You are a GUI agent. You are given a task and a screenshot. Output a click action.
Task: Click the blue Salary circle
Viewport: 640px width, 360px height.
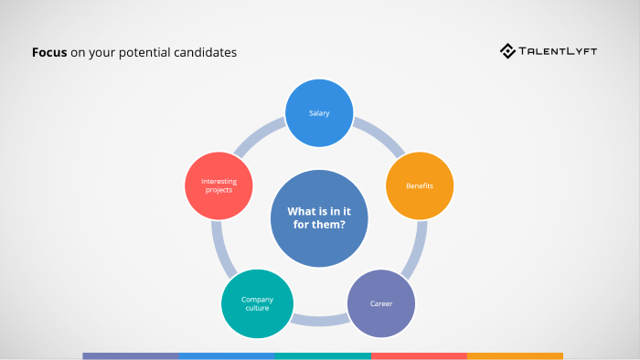pos(319,113)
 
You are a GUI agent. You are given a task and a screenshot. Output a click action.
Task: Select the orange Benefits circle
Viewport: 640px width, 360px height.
pos(420,185)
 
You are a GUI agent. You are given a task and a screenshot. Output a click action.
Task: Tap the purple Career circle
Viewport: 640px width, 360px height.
pos(381,303)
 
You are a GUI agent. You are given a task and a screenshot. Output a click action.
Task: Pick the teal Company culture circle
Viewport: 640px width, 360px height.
pos(257,303)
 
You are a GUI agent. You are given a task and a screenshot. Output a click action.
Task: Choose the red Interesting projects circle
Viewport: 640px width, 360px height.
pos(218,185)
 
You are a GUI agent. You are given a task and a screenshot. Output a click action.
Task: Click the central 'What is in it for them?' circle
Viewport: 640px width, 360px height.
pos(319,218)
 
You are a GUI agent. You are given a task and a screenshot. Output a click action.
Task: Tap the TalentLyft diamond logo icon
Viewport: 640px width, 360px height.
pos(507,51)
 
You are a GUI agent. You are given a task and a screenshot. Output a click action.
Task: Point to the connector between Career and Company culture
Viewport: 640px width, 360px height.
pos(319,321)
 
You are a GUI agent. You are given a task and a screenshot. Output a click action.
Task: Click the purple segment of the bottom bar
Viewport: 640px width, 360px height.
pos(131,355)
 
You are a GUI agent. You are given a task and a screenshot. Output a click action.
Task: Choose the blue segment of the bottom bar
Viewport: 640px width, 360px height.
pos(227,355)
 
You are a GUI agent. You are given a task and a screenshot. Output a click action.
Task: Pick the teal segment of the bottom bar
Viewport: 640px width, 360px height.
pos(323,355)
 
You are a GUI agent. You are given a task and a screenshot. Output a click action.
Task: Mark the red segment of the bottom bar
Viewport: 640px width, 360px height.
pos(419,355)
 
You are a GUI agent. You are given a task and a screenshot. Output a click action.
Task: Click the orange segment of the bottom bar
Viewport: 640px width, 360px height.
pos(515,355)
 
